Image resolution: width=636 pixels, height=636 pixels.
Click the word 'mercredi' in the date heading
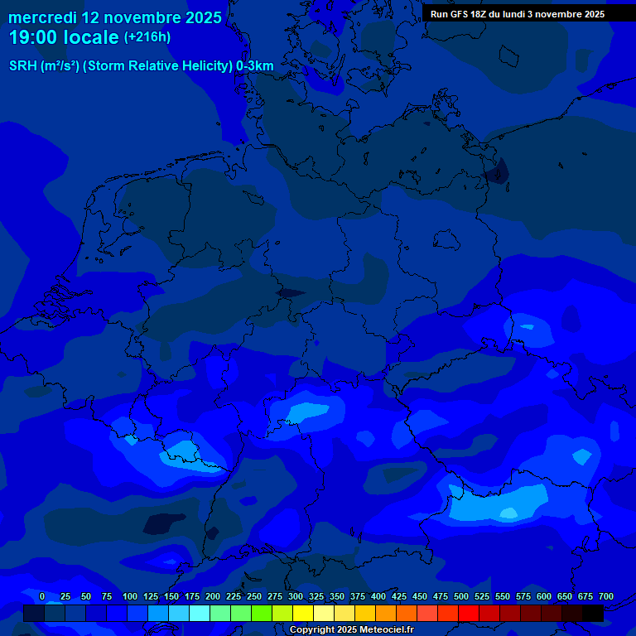pos(42,17)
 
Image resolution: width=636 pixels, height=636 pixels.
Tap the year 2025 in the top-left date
pos(200,17)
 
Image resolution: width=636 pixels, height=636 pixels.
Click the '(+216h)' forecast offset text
pos(147,37)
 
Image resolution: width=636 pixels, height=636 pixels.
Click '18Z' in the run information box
pos(488,14)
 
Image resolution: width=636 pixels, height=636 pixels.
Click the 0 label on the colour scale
pos(42,596)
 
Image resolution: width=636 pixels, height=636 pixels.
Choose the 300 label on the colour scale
pos(296,596)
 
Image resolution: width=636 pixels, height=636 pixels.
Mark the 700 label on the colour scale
pos(606,596)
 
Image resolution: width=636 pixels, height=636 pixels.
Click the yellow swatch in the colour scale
pos(303,613)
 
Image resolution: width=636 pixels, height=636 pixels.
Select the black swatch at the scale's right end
pos(593,613)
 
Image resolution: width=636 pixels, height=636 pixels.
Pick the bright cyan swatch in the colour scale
pos(200,613)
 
